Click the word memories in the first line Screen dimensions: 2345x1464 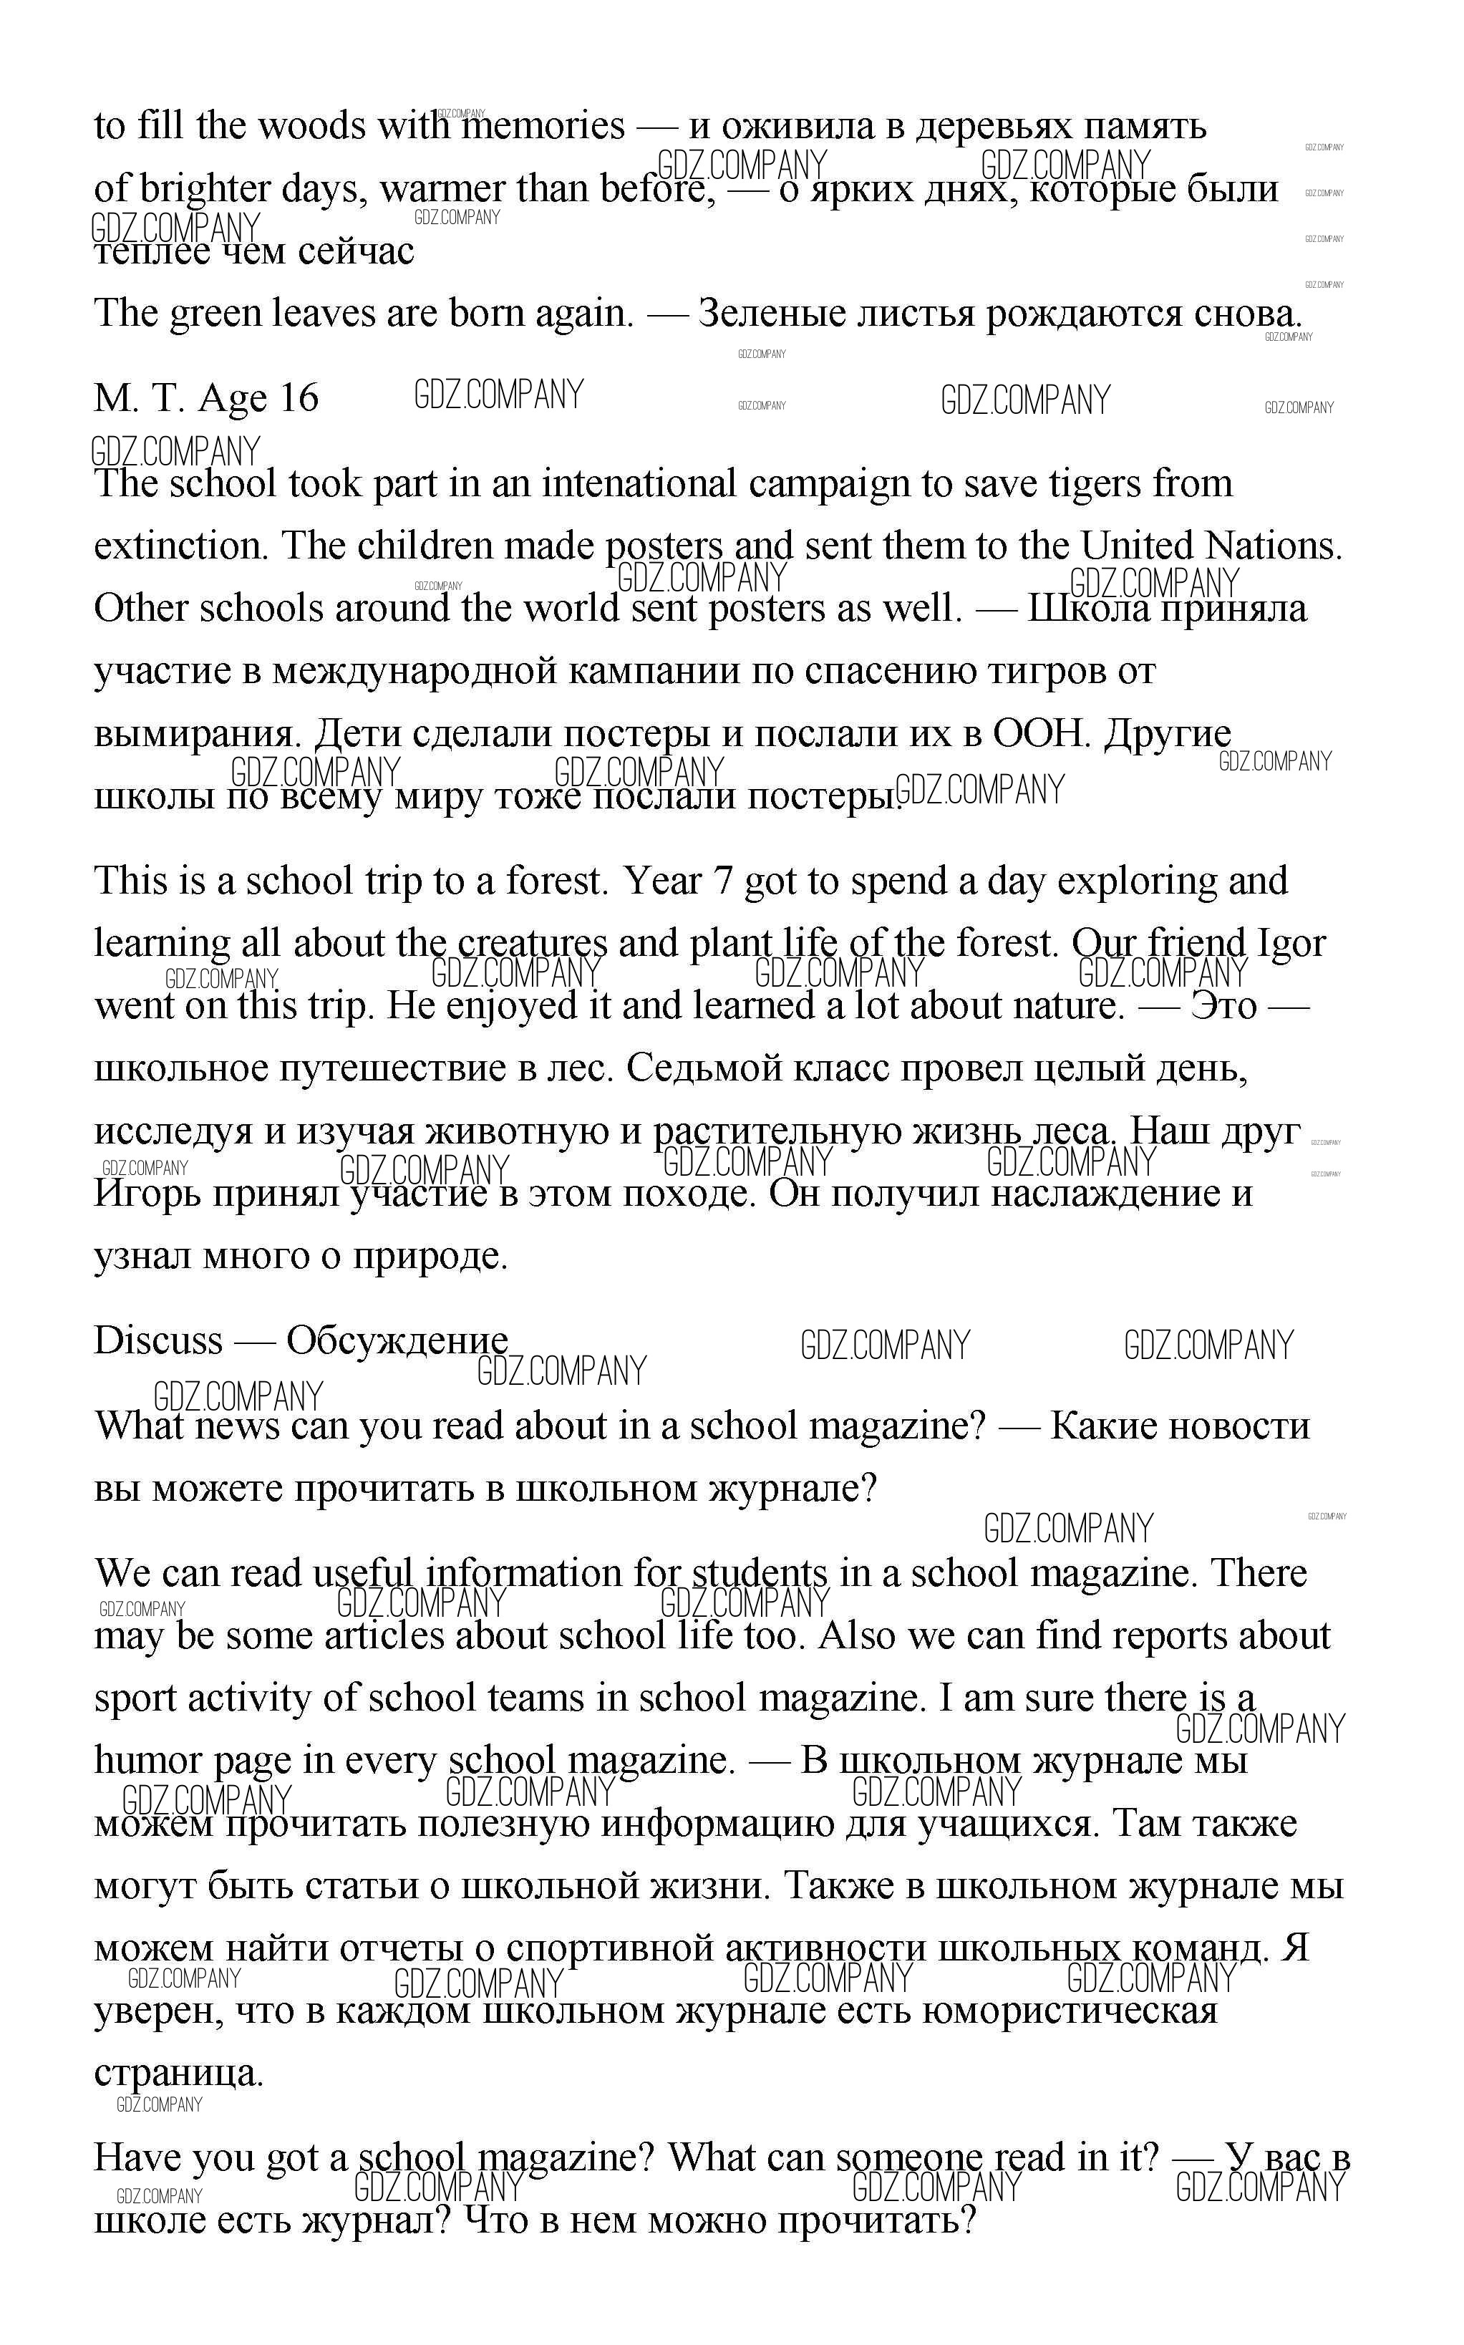(x=542, y=127)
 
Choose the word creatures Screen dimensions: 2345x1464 (x=533, y=943)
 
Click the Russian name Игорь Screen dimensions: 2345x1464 (x=146, y=1194)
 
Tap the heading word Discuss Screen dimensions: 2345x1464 (x=157, y=1341)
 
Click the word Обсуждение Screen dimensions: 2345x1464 (x=397, y=1341)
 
